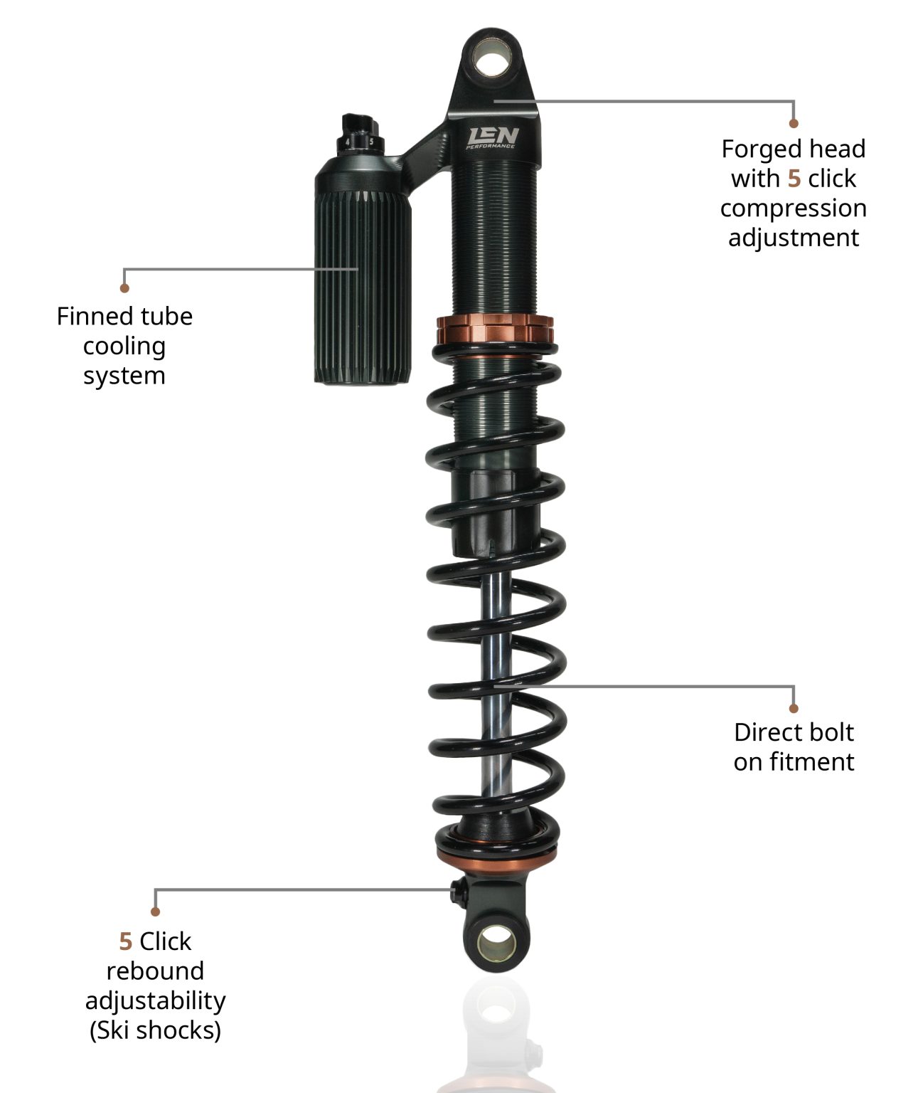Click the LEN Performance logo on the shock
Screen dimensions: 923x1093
[x=492, y=137]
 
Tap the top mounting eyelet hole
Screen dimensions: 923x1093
[x=492, y=59]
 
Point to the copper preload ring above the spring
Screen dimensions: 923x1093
[x=494, y=329]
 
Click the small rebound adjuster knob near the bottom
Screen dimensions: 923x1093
[x=458, y=889]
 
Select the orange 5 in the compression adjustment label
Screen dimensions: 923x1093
[x=794, y=179]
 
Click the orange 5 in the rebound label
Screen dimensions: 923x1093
[x=126, y=941]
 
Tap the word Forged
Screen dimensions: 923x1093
[x=754, y=149]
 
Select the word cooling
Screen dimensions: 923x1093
[x=124, y=347]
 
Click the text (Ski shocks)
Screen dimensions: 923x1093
[x=156, y=1030]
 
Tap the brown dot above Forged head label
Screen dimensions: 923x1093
[x=794, y=124]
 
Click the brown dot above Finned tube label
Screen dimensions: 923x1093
[x=124, y=288]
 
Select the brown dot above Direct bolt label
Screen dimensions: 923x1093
[x=794, y=708]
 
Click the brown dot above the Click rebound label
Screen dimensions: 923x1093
[x=156, y=912]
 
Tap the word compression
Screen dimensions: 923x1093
[x=794, y=209]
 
